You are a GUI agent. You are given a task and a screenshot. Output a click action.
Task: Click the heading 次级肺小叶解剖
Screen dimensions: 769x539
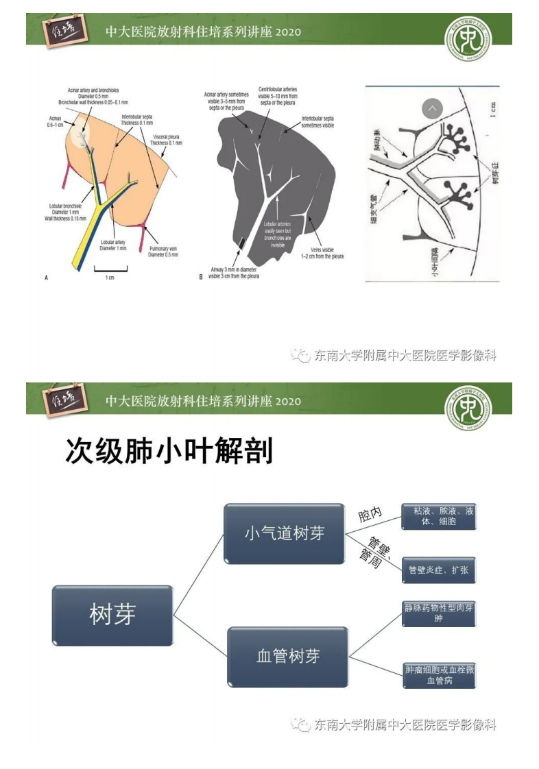pyautogui.click(x=169, y=452)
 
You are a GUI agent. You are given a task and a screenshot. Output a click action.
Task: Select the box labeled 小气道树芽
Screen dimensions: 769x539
pyautogui.click(x=285, y=533)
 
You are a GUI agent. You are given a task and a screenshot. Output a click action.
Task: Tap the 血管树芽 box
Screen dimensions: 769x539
pyautogui.click(x=288, y=657)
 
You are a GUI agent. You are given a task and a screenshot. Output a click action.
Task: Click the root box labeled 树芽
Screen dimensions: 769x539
pyautogui.click(x=112, y=615)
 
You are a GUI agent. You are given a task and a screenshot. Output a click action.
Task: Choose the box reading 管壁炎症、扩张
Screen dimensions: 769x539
pyautogui.click(x=439, y=570)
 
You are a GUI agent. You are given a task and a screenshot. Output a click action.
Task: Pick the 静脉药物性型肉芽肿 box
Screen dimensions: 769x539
pyautogui.click(x=439, y=613)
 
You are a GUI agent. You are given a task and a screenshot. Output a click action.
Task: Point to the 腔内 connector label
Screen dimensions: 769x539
pyautogui.click(x=370, y=515)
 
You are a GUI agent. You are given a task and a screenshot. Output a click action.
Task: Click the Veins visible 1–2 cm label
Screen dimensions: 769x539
pyautogui.click(x=325, y=253)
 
